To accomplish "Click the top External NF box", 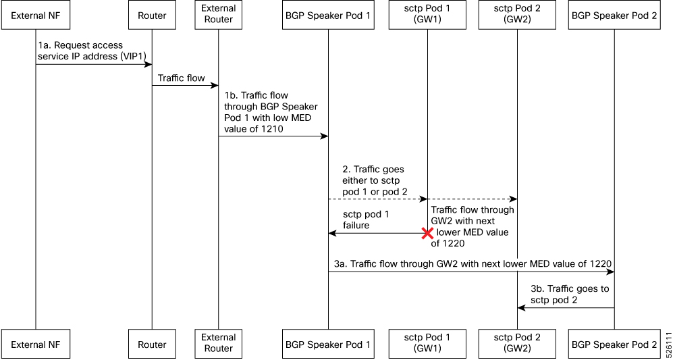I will click(36, 15).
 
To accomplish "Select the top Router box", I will click(152, 15).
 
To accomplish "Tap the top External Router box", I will click(218, 15).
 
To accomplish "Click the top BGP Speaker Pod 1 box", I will click(328, 15).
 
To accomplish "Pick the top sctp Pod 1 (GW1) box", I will click(427, 15).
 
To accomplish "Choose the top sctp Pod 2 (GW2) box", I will click(517, 15).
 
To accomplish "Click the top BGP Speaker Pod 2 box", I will click(614, 15).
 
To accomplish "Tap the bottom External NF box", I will click(36, 344).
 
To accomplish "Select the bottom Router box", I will click(152, 344).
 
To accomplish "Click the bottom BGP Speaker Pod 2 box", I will click(614, 344).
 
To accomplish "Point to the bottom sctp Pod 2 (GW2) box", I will click(517, 343).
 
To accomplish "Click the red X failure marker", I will click(427, 233).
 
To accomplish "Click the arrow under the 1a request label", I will click(94, 65).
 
